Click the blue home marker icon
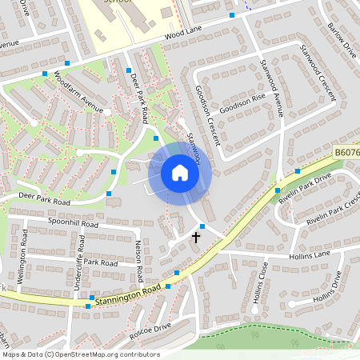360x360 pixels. (x=180, y=173)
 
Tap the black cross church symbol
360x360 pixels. (x=196, y=237)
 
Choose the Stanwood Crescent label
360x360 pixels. (x=316, y=77)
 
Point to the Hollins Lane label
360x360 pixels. (x=310, y=254)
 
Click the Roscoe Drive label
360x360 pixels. (x=150, y=326)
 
